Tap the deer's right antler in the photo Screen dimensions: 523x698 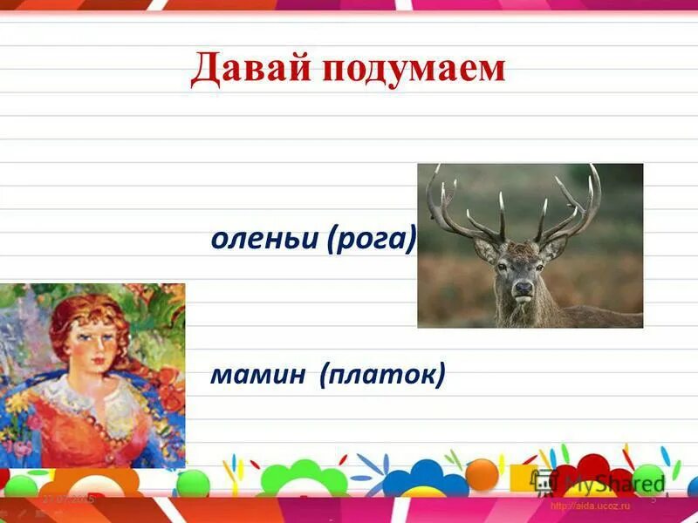click(571, 205)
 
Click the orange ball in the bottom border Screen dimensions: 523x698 click(481, 474)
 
